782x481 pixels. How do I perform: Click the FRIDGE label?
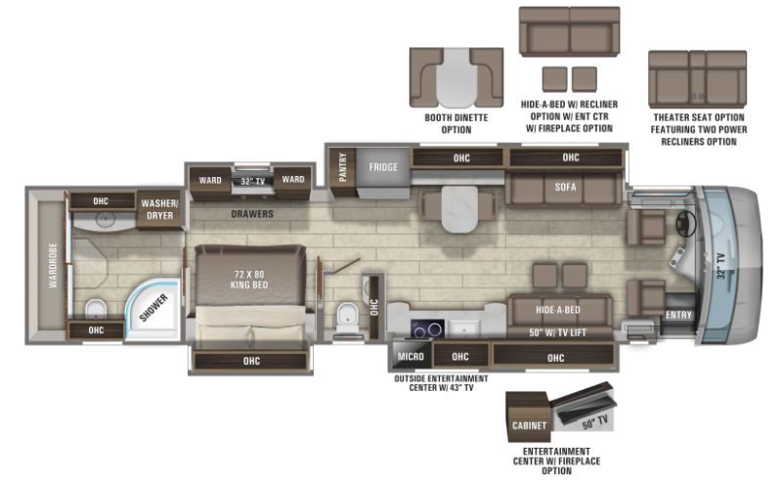click(x=383, y=167)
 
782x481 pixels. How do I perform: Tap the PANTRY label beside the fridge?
click(x=343, y=167)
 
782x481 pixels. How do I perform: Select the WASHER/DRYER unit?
click(x=159, y=209)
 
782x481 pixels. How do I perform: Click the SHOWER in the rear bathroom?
click(x=153, y=309)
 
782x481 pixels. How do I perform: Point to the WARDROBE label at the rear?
click(x=53, y=266)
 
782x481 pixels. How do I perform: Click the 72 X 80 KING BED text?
click(x=249, y=280)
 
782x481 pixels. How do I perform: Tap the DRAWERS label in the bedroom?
click(x=252, y=214)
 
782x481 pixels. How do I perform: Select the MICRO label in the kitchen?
click(x=411, y=357)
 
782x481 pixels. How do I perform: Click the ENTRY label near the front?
click(x=678, y=315)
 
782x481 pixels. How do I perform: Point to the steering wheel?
click(x=687, y=224)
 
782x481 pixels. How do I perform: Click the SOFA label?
click(x=565, y=187)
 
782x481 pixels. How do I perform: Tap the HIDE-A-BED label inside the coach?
click(x=558, y=310)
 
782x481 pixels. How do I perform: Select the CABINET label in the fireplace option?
click(x=529, y=425)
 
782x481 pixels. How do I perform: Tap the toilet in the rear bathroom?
click(x=96, y=309)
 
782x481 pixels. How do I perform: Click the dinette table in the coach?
click(x=459, y=209)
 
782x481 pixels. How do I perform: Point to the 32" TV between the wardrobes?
click(x=253, y=181)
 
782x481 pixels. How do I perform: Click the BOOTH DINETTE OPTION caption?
click(x=456, y=124)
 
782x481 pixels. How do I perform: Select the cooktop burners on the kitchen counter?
click(x=428, y=328)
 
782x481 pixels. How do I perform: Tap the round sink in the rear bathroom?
click(x=106, y=219)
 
